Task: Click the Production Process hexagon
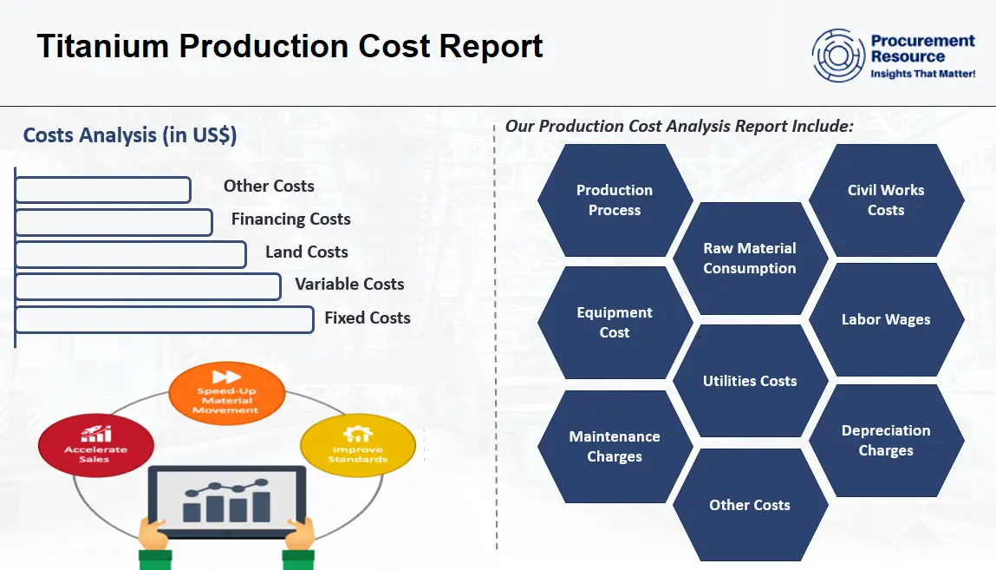(x=615, y=200)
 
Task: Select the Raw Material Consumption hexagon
(x=750, y=259)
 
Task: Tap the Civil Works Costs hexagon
(x=886, y=200)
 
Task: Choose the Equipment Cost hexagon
(x=615, y=323)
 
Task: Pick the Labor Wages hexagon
(x=886, y=319)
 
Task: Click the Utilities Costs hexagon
(x=750, y=381)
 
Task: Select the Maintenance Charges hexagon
(x=615, y=447)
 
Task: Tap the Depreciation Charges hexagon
(x=886, y=441)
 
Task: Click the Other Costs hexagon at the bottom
(x=750, y=505)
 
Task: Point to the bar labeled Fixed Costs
(x=165, y=319)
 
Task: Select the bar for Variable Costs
(x=148, y=286)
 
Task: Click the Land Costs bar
(x=131, y=254)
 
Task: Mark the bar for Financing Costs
(x=114, y=222)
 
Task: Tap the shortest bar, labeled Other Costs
(x=103, y=189)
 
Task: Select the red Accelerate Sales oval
(x=95, y=446)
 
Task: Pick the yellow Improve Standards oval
(x=357, y=446)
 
